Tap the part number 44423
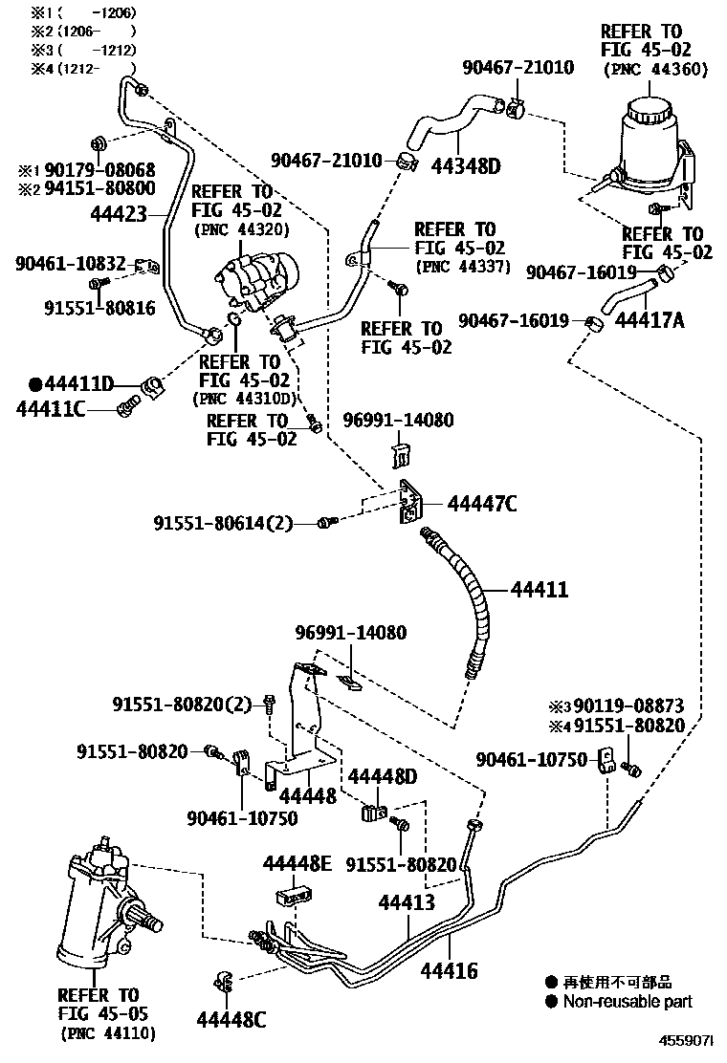[x=121, y=216]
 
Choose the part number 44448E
[x=297, y=864]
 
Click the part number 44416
[x=450, y=971]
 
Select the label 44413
[x=407, y=902]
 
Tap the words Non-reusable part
[x=627, y=1002]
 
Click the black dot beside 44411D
[x=35, y=384]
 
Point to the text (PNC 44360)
[x=655, y=69]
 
